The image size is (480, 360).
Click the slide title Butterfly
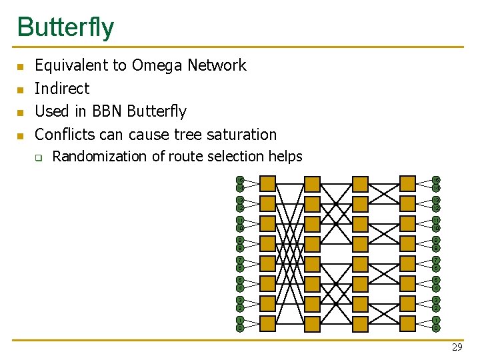click(x=65, y=27)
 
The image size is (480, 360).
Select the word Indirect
click(x=61, y=88)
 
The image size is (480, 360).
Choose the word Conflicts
click(x=65, y=134)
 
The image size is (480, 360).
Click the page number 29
click(x=457, y=347)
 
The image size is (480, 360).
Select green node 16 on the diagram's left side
click(x=240, y=180)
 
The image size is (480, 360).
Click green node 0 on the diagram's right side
click(x=436, y=328)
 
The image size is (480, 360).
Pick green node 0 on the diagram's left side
click(x=240, y=328)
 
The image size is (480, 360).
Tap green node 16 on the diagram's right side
click(x=436, y=180)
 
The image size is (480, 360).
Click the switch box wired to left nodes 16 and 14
click(x=267, y=184)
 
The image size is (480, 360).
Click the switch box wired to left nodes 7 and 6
click(x=267, y=264)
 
